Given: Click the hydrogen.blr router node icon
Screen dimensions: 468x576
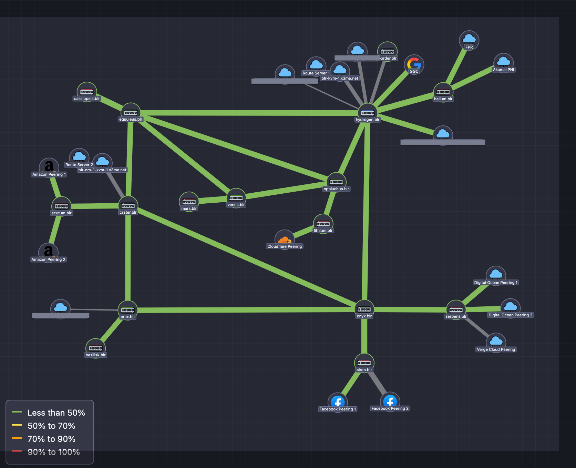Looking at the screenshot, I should click(368, 112).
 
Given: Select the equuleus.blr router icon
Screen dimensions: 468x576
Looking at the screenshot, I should click(131, 112).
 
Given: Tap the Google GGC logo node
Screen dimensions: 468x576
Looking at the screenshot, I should click(414, 64).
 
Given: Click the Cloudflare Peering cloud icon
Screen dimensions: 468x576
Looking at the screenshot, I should click(285, 239).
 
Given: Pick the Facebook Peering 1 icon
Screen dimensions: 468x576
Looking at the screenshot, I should click(338, 402).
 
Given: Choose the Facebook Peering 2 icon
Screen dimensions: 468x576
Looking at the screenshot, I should click(390, 401).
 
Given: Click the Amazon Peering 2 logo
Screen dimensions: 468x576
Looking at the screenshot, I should click(48, 251).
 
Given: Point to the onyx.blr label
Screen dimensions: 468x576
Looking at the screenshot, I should click(364, 316).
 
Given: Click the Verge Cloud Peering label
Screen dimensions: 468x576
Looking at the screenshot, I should click(496, 349).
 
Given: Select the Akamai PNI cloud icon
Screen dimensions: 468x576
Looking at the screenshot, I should click(503, 62).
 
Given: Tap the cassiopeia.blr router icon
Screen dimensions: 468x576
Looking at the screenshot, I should click(87, 91).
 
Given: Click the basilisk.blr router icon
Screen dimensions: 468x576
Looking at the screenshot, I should click(95, 348).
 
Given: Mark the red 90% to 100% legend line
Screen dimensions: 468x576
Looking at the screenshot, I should click(17, 451).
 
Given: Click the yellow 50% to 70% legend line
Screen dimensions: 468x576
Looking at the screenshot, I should click(17, 425).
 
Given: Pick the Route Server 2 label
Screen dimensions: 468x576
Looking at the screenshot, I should click(79, 165).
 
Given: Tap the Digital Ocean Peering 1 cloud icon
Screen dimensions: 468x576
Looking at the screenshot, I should click(496, 275).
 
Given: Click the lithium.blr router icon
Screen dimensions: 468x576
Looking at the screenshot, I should click(323, 223).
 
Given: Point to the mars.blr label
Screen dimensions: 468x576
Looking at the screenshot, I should click(189, 208).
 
